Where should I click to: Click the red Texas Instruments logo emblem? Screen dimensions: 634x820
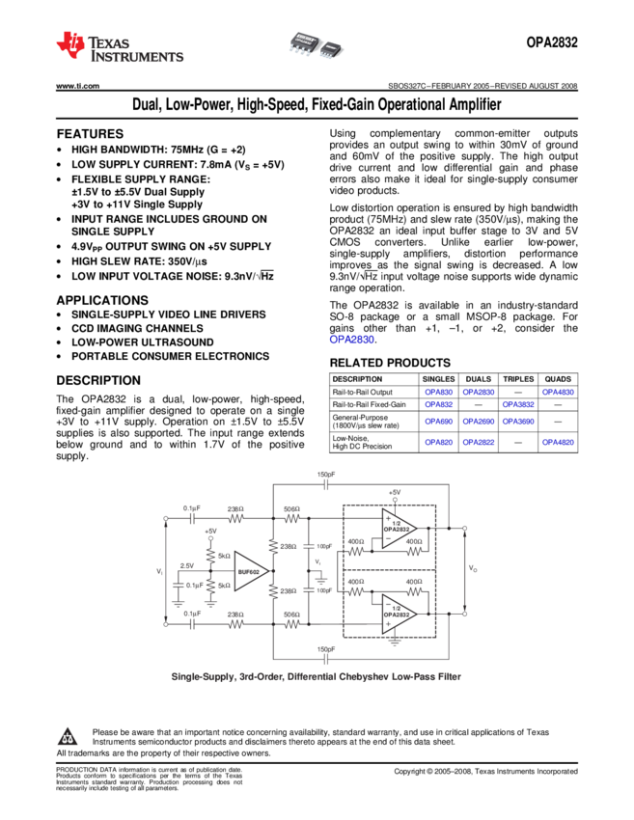point(70,44)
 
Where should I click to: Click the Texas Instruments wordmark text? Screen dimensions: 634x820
point(136,49)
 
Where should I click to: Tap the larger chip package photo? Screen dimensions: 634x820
point(304,42)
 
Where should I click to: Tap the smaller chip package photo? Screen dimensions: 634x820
point(331,47)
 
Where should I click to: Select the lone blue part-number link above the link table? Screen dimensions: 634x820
point(351,340)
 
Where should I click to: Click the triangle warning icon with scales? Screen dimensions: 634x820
point(67,738)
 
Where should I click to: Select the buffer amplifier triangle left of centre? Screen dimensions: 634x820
point(250,571)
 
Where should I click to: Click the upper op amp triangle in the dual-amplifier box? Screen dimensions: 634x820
point(398,528)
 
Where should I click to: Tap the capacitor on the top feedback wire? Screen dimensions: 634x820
point(326,483)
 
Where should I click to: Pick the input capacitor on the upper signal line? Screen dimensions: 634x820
point(192,518)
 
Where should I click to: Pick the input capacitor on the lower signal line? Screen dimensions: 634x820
point(192,624)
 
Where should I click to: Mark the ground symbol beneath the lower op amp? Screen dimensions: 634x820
point(393,639)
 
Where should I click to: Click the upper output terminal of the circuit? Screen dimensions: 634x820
point(464,528)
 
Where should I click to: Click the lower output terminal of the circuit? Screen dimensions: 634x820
point(464,613)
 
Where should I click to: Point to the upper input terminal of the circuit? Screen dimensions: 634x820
point(166,518)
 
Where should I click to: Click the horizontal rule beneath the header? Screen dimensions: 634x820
point(242,87)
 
